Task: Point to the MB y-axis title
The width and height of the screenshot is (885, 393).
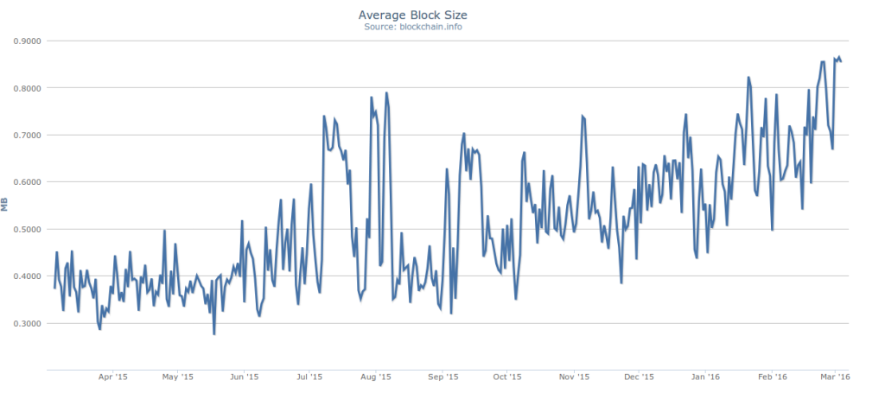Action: (6, 205)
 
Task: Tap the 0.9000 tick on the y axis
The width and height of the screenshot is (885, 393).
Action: (28, 41)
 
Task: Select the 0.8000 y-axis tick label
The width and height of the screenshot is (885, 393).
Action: (28, 88)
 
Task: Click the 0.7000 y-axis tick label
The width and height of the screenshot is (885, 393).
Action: (28, 135)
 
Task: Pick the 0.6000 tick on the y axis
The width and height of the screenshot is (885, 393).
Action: (28, 182)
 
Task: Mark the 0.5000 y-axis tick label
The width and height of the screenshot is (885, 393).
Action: (28, 229)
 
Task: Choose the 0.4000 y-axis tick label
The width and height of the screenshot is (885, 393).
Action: (28, 276)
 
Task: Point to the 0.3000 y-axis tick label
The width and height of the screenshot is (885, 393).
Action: (28, 323)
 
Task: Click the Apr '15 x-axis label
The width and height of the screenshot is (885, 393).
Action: (113, 377)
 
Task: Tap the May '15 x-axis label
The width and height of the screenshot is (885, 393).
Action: (178, 377)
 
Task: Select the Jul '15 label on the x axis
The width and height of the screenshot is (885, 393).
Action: (309, 377)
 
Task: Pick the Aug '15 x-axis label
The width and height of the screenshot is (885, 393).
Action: (375, 377)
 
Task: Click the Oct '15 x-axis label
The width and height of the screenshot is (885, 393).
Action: (507, 377)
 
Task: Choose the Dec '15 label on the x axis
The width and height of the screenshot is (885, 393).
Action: (639, 377)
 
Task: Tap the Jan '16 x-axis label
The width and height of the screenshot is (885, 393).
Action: (706, 377)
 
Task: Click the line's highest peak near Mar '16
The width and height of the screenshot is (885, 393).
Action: (838, 57)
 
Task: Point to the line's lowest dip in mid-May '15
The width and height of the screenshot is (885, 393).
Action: (214, 333)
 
